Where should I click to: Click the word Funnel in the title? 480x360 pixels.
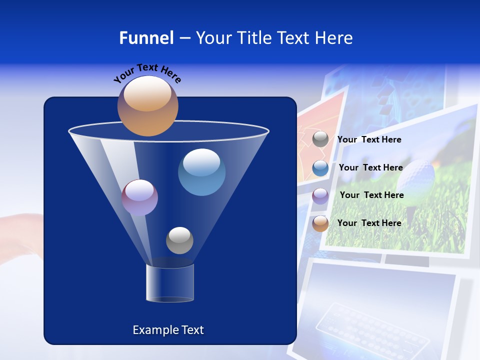pyautogui.click(x=146, y=38)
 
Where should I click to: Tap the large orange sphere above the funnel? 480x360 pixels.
pyautogui.click(x=147, y=105)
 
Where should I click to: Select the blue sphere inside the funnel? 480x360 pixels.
pyautogui.click(x=201, y=172)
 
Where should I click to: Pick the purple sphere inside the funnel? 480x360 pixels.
pyautogui.click(x=139, y=197)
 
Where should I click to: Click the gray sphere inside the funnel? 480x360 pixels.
pyautogui.click(x=179, y=240)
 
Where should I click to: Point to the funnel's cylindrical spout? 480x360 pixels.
pyautogui.click(x=170, y=283)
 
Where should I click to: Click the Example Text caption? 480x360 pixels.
pyautogui.click(x=168, y=330)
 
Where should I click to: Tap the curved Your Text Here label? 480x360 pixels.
pyautogui.click(x=147, y=73)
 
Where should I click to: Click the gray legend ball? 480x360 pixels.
pyautogui.click(x=320, y=139)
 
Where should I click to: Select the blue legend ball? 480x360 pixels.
pyautogui.click(x=320, y=168)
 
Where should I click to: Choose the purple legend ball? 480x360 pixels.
pyautogui.click(x=320, y=195)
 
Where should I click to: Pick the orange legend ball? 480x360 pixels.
pyautogui.click(x=320, y=223)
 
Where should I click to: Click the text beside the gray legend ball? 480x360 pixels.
pyautogui.click(x=369, y=140)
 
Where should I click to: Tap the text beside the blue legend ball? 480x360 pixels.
pyautogui.click(x=370, y=168)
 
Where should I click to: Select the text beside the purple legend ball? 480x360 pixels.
pyautogui.click(x=371, y=195)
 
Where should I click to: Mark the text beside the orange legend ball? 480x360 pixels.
pyautogui.click(x=369, y=223)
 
